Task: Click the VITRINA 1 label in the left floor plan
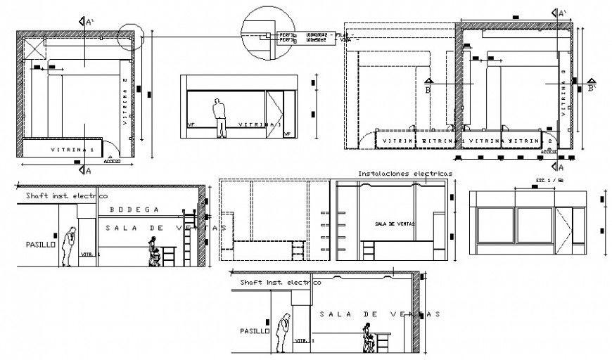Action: [x=72, y=150]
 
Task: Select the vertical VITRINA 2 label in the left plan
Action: [x=125, y=101]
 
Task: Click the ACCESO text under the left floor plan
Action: [x=112, y=160]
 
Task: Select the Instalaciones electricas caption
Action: [x=404, y=173]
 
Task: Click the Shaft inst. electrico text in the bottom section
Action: [x=275, y=282]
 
